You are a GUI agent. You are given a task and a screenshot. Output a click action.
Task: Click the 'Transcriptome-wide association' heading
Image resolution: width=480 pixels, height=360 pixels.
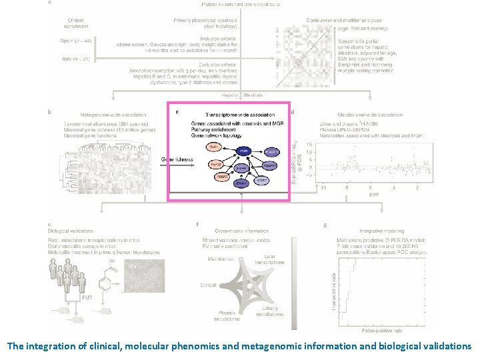233,114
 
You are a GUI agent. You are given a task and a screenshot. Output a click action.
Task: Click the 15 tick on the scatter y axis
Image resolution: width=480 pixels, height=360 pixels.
309,145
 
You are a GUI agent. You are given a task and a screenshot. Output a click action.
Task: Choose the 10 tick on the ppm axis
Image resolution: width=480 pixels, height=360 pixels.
323,188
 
